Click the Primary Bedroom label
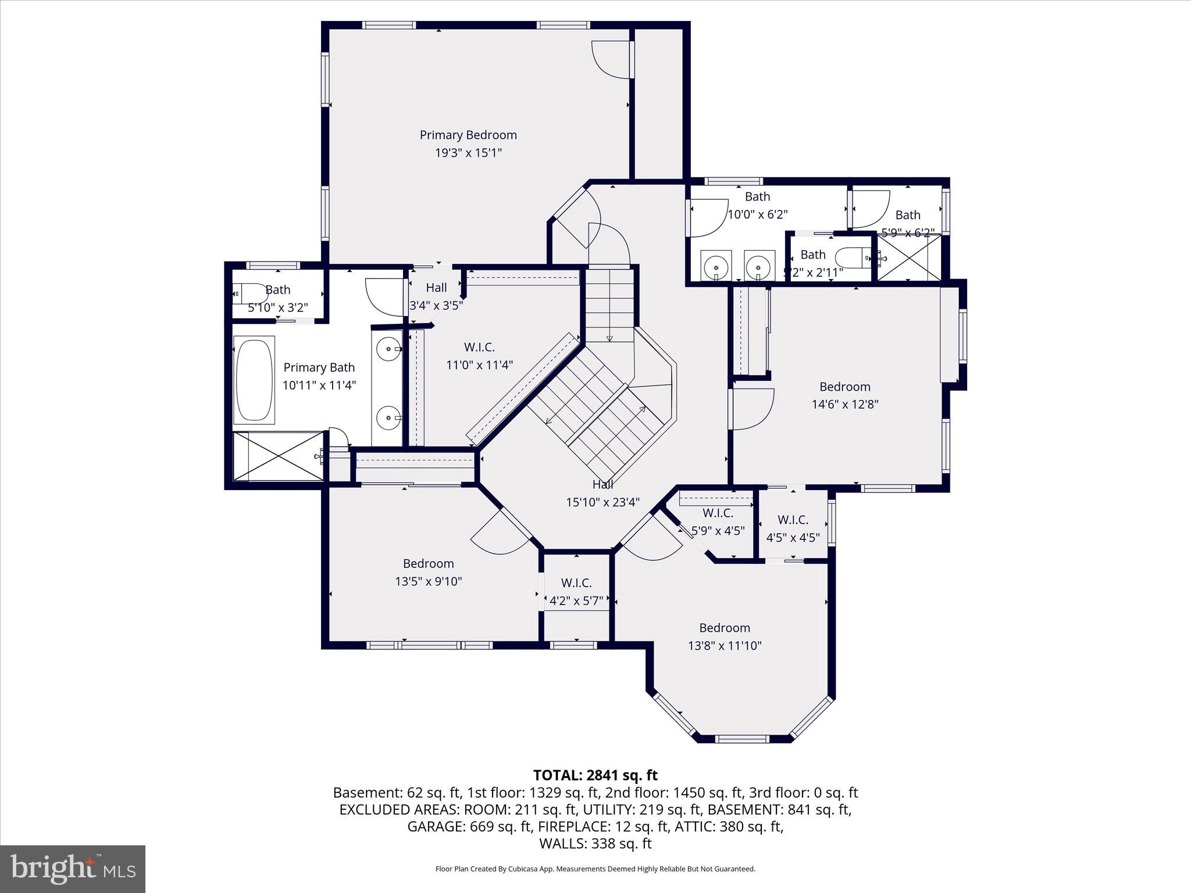(468, 135)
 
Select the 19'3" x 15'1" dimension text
(468, 153)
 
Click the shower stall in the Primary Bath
(278, 456)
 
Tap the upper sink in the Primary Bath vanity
(388, 349)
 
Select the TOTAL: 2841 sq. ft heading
(595, 775)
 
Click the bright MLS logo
(73, 869)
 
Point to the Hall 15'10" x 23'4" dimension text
(602, 502)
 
